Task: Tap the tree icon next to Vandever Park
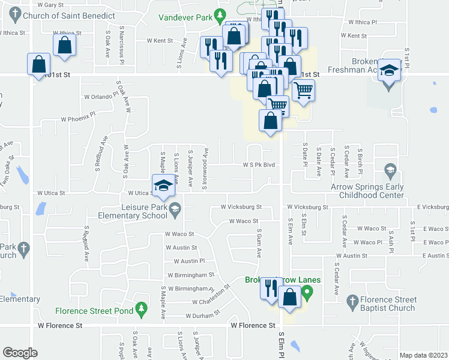[220, 14]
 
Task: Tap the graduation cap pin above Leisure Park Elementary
[162, 186]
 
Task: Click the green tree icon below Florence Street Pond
[141, 308]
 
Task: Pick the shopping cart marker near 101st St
[304, 90]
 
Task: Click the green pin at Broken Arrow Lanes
[308, 293]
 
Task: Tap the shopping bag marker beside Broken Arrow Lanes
[289, 298]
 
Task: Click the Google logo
[20, 353]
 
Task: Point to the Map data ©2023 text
[423, 355]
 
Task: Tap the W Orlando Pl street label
[98, 96]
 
